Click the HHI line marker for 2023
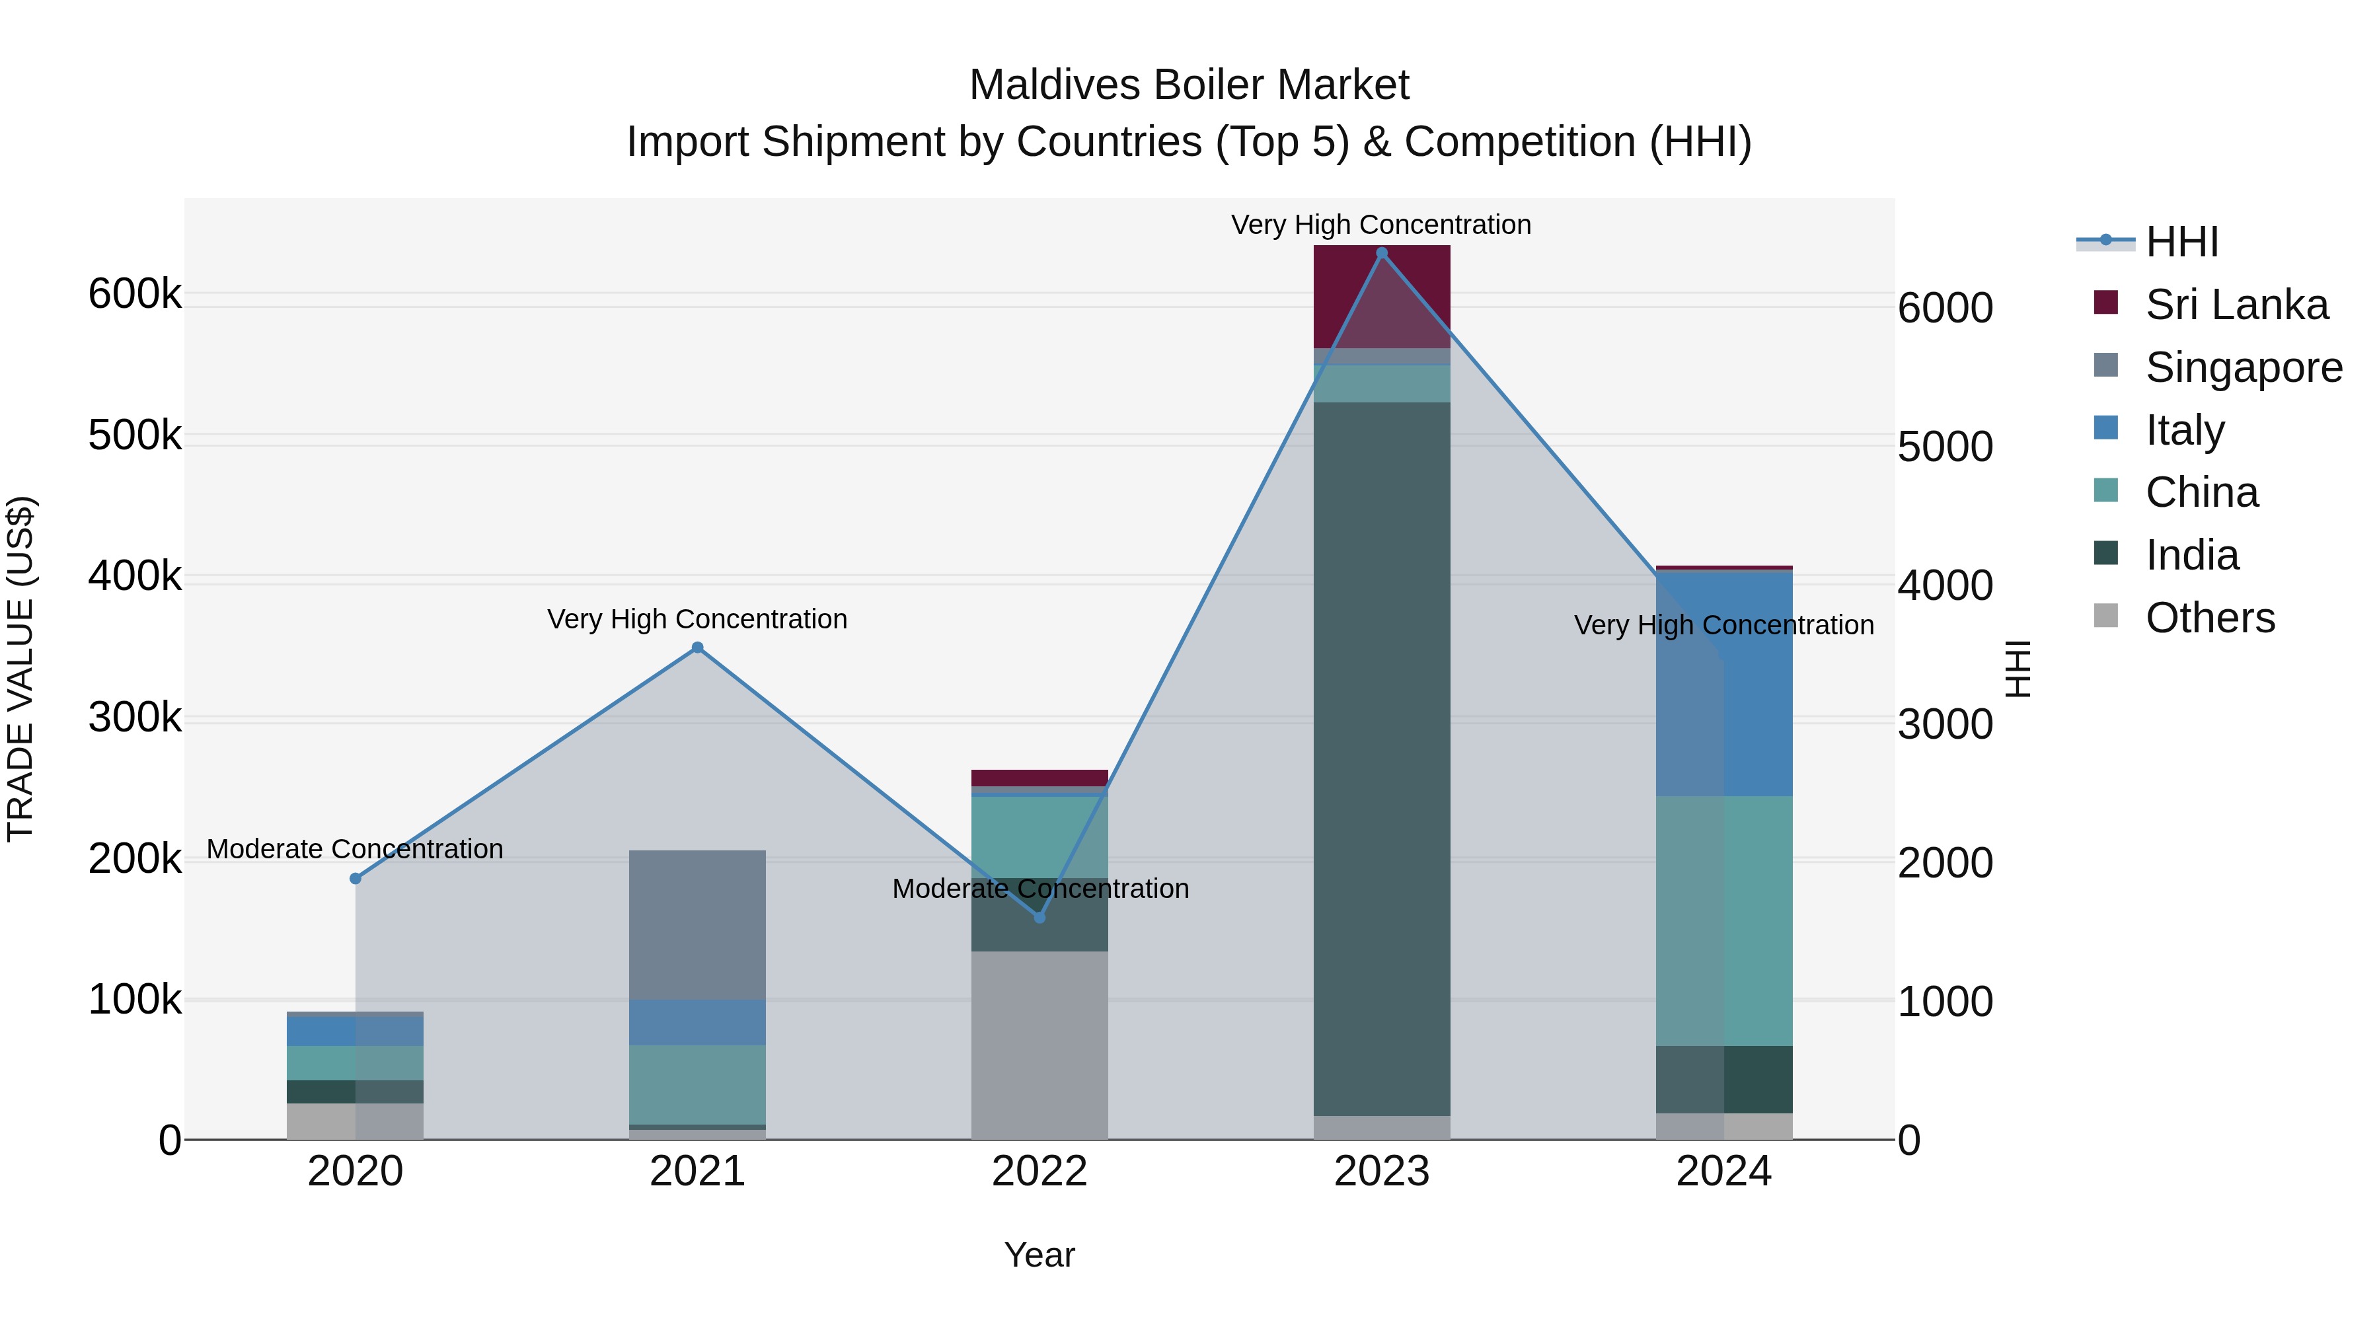click(1382, 253)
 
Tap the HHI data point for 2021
click(697, 648)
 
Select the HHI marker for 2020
click(356, 878)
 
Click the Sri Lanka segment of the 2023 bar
click(1382, 295)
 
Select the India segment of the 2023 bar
click(1382, 757)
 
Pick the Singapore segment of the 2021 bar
click(697, 924)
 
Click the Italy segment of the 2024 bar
click(1724, 683)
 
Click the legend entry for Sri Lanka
click(2236, 304)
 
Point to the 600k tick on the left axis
click(135, 295)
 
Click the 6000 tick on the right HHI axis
click(1945, 309)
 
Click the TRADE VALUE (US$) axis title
click(21, 669)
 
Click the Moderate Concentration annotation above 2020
click(356, 848)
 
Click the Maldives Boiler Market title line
click(1189, 85)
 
